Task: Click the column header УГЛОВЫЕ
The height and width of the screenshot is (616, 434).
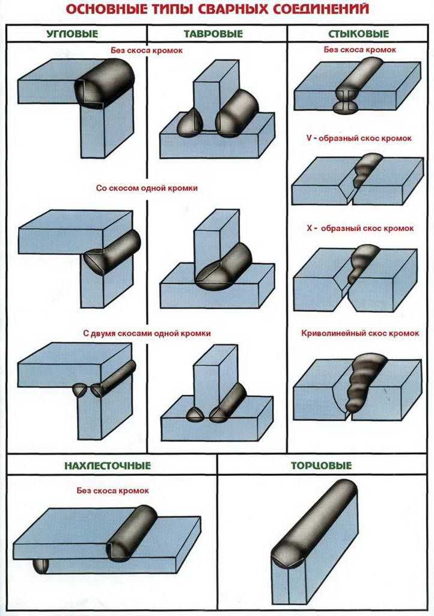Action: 72,34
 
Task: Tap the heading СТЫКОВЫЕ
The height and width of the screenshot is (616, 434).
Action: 359,34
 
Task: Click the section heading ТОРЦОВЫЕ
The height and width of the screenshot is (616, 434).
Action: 321,466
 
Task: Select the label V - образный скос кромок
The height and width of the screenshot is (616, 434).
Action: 358,138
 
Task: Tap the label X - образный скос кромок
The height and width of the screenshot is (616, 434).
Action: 359,229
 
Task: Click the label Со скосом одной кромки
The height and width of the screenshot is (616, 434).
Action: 147,188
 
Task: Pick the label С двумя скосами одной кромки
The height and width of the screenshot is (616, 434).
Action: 147,333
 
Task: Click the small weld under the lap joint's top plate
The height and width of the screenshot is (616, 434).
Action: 41,566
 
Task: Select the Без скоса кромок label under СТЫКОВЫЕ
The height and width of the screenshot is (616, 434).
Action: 359,49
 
